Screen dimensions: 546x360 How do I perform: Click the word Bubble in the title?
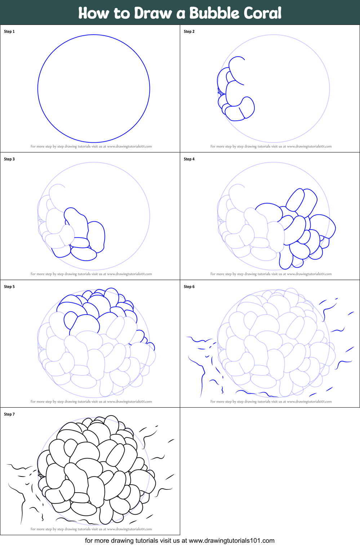[214, 13]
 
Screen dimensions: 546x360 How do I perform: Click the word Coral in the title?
[262, 13]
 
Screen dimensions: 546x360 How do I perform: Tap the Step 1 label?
[9, 32]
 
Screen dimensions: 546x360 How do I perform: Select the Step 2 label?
[189, 32]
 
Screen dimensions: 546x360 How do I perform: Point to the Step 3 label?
[9, 159]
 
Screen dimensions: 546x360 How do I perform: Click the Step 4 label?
[189, 159]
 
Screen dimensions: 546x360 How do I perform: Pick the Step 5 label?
[9, 287]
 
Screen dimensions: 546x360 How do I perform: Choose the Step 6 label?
[189, 287]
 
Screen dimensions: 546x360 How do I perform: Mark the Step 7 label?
[9, 414]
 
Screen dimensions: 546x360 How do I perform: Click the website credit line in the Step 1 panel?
[91, 147]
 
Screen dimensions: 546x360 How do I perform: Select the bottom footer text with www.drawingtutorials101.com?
[179, 541]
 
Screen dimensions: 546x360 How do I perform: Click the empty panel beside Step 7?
[270, 471]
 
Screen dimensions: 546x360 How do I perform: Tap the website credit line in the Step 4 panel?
[271, 274]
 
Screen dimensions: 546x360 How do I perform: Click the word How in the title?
[93, 13]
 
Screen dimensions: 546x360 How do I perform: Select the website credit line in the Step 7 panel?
[91, 529]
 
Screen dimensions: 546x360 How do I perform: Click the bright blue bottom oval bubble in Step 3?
[84, 254]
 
